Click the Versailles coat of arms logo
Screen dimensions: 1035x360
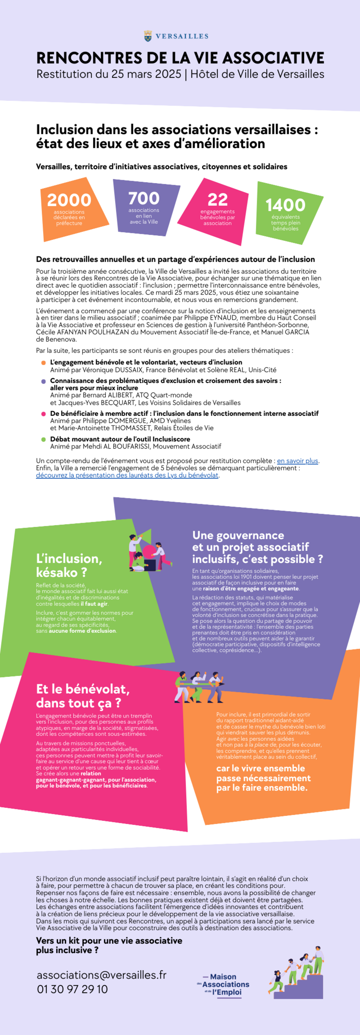point(148,36)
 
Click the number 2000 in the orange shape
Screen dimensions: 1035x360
point(69,200)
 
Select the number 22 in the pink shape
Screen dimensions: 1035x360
point(217,200)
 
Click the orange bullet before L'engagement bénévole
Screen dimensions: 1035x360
point(43,363)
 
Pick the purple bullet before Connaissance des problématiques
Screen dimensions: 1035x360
point(43,381)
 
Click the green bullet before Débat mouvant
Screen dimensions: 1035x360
point(43,440)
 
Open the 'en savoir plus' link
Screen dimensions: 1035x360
point(297,461)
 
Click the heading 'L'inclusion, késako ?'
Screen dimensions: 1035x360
point(69,565)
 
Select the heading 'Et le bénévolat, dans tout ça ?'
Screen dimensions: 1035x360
point(83,696)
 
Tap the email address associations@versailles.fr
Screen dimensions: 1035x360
point(101,975)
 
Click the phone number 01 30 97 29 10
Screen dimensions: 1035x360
point(72,989)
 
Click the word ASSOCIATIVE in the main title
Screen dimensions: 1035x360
point(273,58)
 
